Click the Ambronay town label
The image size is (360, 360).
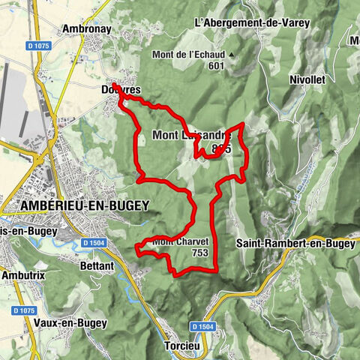pos(86,28)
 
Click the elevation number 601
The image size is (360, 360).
pos(217,66)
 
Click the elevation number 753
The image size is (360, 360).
pos(199,253)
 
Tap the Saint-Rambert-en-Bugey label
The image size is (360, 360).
pos(295,243)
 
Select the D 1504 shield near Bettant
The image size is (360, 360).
pos(95,243)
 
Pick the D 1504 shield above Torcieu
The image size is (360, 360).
pos(202,327)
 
